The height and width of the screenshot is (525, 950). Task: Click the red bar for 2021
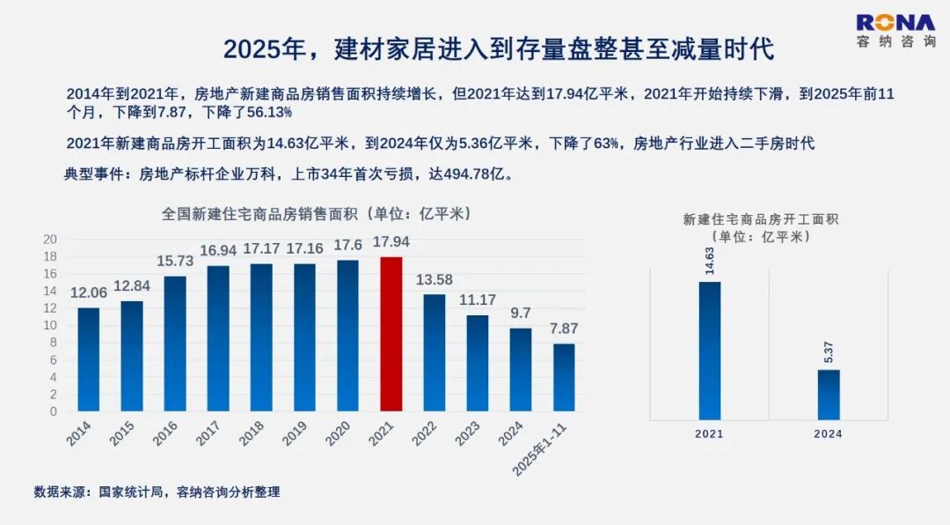[x=391, y=334]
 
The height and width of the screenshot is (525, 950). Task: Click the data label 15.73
[x=175, y=262]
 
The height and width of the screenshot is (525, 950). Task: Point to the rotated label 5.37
[x=829, y=352]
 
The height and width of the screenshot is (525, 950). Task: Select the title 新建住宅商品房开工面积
[x=761, y=219]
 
